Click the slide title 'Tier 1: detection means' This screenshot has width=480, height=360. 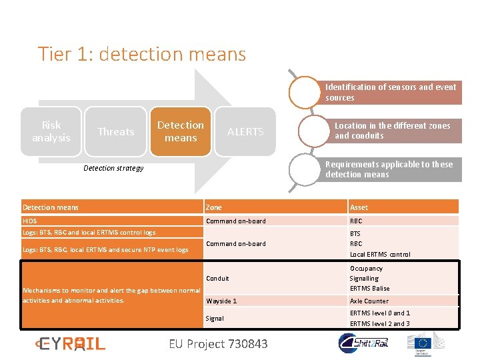tap(141, 53)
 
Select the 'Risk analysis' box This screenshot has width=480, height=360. tap(51, 131)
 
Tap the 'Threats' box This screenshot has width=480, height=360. tap(116, 131)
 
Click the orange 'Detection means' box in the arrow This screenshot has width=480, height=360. tap(181, 131)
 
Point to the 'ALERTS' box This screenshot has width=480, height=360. tap(245, 131)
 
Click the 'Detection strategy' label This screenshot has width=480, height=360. tap(113, 168)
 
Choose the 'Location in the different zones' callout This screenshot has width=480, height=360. tap(393, 131)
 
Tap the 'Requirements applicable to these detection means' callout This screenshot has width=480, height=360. tap(389, 169)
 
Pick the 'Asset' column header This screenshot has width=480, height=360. tap(359, 207)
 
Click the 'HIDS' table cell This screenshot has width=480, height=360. tap(30, 221)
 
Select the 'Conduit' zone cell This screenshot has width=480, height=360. tap(217, 278)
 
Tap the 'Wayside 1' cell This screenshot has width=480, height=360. tap(221, 301)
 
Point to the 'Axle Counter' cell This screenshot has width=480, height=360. tap(369, 301)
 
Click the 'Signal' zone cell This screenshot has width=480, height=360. tap(215, 318)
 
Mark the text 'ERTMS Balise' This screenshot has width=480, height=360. tap(369, 288)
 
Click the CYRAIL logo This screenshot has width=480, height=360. tap(70, 343)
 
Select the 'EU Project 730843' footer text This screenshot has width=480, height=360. tap(218, 343)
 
